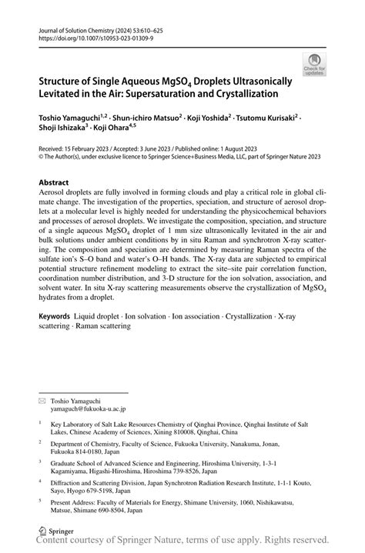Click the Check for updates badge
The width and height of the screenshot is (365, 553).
tap(314, 64)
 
